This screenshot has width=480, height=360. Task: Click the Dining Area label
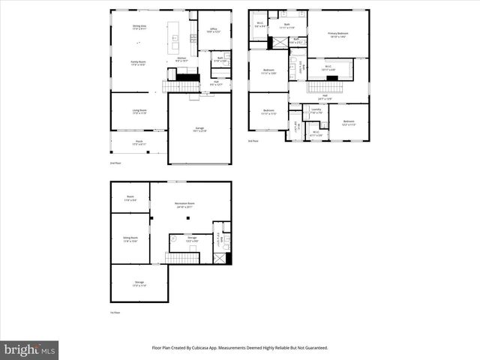(x=139, y=28)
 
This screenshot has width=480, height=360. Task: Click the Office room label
(x=214, y=31)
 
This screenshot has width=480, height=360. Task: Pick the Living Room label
(x=139, y=112)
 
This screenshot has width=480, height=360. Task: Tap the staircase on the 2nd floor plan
(x=179, y=86)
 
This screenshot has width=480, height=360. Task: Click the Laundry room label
(x=316, y=111)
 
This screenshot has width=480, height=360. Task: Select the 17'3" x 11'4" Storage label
(x=139, y=285)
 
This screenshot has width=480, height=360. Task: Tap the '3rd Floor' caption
(x=253, y=140)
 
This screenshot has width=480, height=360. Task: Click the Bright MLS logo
(x=30, y=349)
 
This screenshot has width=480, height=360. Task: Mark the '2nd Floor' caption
(x=115, y=162)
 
